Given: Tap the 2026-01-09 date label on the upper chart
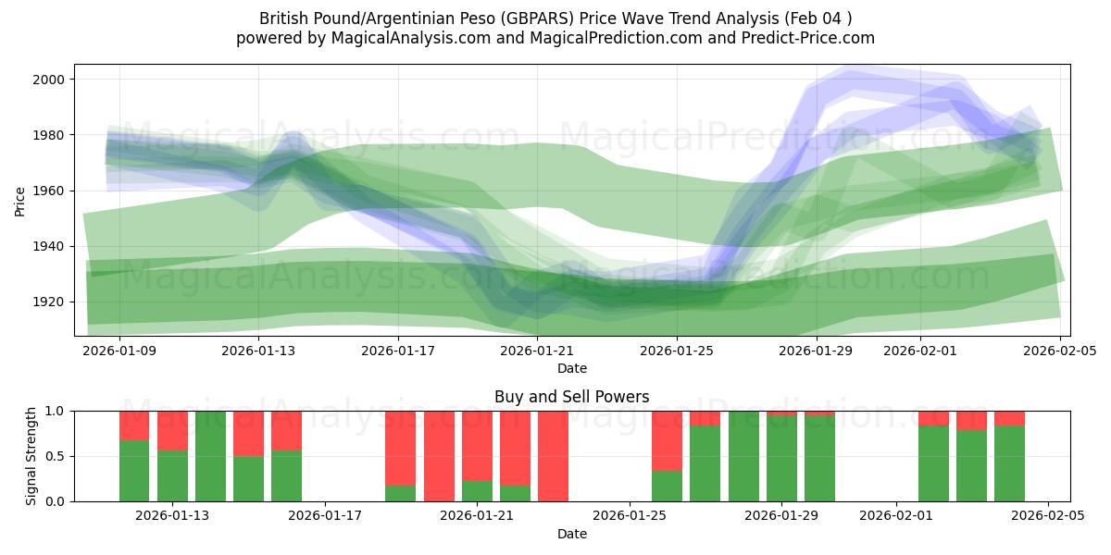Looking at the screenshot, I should [119, 351].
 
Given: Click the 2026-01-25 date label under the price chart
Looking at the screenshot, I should [676, 351].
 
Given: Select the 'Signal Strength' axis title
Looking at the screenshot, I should [31, 456].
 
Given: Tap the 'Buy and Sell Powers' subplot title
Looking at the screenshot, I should [571, 397].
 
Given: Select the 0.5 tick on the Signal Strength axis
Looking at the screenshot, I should [55, 456].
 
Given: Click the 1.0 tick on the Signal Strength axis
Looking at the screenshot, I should [55, 411].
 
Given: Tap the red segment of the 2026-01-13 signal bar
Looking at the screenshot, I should [172, 430].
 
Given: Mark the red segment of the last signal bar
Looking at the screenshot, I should [1009, 417].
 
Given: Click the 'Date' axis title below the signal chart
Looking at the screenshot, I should [571, 534].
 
